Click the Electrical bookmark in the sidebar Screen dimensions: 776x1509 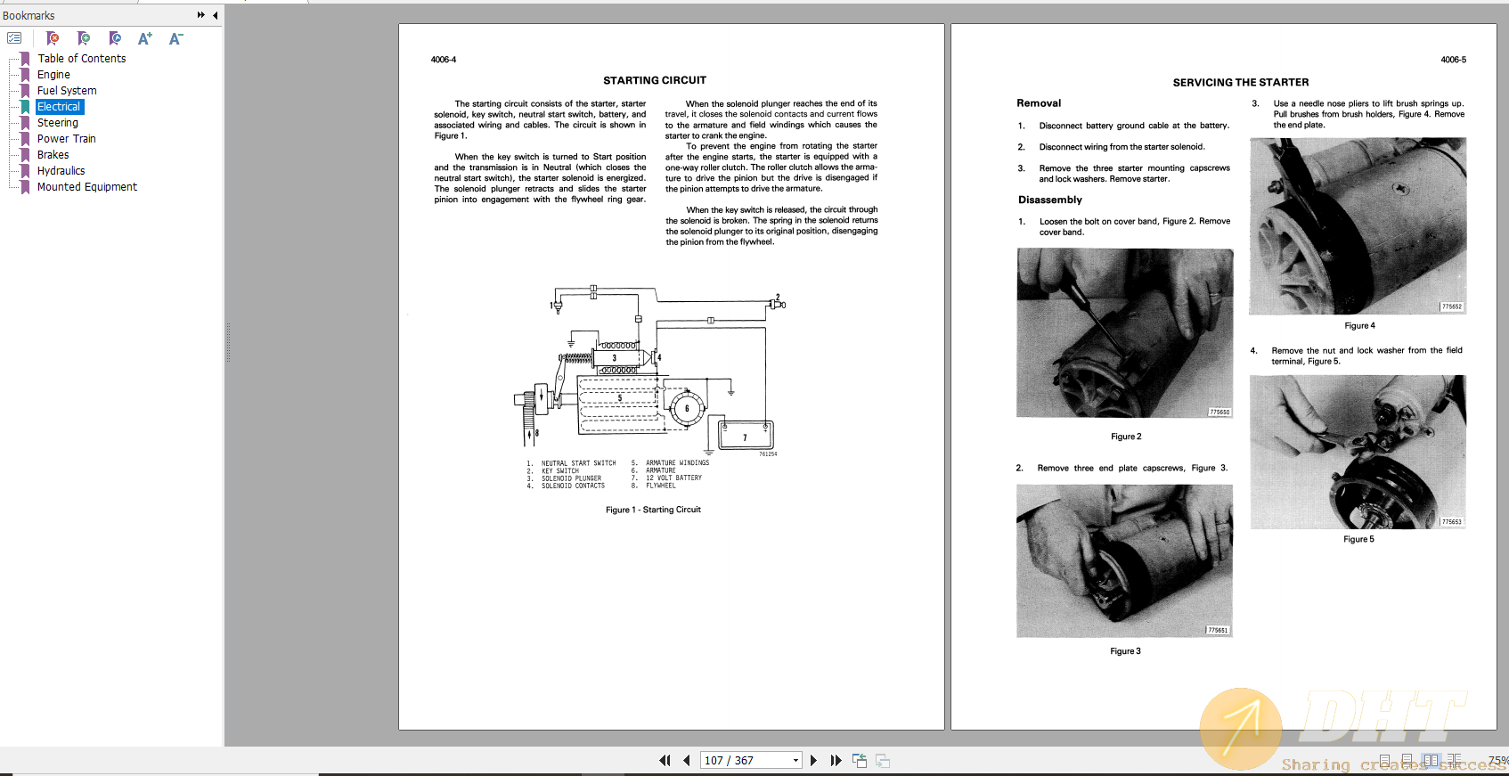tap(59, 107)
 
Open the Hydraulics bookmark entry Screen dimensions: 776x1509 tap(61, 171)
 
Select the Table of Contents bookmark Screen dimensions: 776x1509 tap(81, 59)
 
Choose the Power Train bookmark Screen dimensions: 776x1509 tap(66, 139)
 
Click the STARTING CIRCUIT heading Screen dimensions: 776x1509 tap(655, 80)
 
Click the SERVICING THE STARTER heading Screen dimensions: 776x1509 tap(1240, 83)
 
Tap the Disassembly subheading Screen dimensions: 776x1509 tap(1049, 200)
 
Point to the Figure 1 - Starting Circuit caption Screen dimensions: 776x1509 tap(653, 511)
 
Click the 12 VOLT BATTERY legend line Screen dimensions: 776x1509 tap(673, 478)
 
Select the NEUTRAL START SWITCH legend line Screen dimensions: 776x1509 tap(578, 463)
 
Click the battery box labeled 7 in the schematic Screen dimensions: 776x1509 tap(746, 437)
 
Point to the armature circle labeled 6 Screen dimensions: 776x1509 tap(686, 409)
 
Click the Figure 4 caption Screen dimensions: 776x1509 tap(1359, 326)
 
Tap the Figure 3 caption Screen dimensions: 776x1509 tap(1125, 651)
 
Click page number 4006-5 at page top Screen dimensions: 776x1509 tap(1453, 60)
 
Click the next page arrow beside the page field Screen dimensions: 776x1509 tap(813, 761)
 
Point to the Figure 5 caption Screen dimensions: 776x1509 tap(1358, 540)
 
